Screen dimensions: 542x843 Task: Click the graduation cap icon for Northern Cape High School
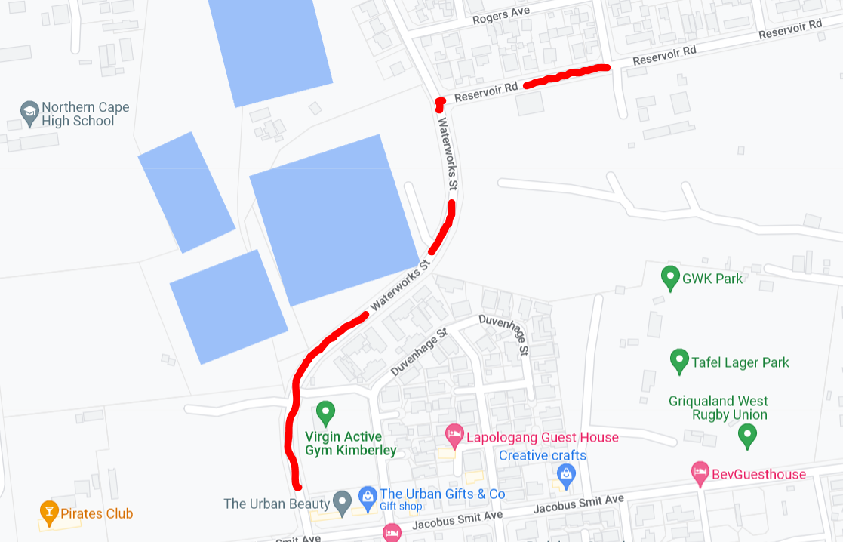tap(29, 113)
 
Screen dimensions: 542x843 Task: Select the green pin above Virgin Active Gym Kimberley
tap(325, 412)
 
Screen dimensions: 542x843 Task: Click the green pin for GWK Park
tap(669, 278)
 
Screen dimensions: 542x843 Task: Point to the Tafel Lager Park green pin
tap(679, 361)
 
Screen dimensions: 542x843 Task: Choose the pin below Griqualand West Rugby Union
tap(746, 434)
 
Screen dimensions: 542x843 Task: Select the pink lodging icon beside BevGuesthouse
tap(700, 473)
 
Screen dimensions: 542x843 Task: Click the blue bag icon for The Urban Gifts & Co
tap(368, 496)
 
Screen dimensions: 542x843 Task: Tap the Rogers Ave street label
tap(501, 15)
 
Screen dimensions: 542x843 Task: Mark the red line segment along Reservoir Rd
tap(566, 75)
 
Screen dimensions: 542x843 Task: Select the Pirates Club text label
tap(98, 513)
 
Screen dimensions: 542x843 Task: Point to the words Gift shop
tap(401, 507)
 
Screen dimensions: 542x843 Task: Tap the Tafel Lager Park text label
tap(740, 362)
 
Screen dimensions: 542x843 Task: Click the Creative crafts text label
tap(542, 455)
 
